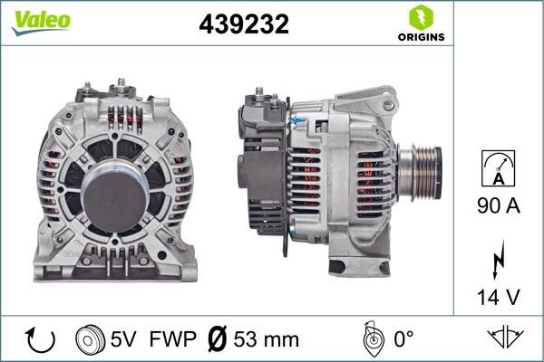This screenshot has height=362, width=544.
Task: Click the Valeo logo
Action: pos(41,22)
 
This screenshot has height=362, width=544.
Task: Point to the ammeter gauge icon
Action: pos(498,168)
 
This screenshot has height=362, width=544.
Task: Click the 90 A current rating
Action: pos(498,207)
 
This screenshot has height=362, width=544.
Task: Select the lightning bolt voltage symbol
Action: pos(498,257)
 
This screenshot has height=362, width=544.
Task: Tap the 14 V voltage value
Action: pos(498,296)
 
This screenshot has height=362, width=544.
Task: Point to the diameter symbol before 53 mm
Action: pos(219,340)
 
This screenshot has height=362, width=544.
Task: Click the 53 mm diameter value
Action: pos(266,340)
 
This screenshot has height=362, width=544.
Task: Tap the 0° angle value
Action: pos(403,340)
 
